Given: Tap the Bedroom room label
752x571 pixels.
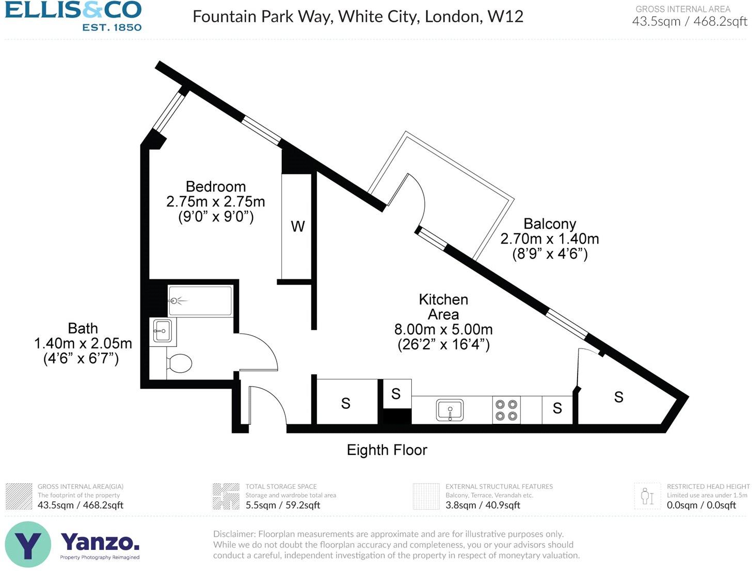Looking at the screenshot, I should (x=215, y=186).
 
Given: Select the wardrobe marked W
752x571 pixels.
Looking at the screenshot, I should (x=297, y=226).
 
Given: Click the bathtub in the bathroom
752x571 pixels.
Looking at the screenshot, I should (x=200, y=301).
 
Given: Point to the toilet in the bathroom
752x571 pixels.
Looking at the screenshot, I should (x=178, y=362).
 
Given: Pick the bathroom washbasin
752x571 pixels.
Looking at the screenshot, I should (x=163, y=331).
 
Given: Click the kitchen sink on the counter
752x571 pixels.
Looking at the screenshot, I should (x=450, y=410).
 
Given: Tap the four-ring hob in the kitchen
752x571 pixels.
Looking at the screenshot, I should (x=506, y=410).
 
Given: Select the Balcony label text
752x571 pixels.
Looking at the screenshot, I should (x=549, y=224).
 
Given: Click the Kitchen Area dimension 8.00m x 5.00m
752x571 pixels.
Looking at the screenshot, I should (x=443, y=329).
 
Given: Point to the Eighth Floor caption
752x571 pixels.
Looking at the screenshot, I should (x=387, y=450).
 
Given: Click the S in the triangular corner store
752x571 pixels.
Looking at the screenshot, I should (x=618, y=397).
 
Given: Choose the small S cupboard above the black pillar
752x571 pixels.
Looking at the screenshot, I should (x=396, y=394).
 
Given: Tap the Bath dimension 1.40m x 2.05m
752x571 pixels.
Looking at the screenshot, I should (x=83, y=343).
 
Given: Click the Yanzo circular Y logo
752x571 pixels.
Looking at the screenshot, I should (x=28, y=544).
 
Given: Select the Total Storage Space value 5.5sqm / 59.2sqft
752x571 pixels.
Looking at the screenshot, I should (x=282, y=505).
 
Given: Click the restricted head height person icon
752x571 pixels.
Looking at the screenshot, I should (x=647, y=496).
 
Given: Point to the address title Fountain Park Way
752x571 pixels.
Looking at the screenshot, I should (x=358, y=17).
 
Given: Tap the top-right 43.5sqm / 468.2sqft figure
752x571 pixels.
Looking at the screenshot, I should (x=689, y=21).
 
